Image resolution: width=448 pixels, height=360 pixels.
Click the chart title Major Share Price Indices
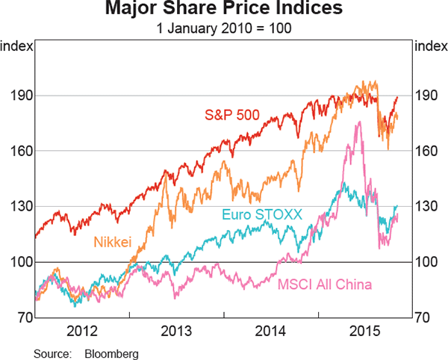[224, 10]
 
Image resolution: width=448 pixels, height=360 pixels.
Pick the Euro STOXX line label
[261, 215]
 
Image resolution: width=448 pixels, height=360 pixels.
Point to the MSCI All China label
[325, 285]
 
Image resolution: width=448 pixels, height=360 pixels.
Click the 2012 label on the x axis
[82, 330]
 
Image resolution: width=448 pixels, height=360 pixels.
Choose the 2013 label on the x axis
[176, 330]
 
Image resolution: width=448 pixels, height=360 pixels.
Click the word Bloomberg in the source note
[111, 350]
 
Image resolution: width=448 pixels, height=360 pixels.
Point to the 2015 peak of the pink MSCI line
[358, 122]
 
